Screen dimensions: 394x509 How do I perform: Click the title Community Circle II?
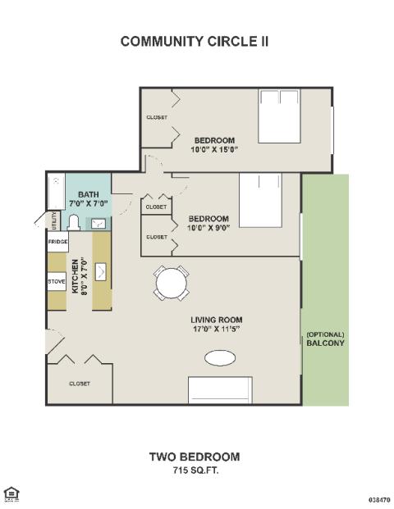[195, 42]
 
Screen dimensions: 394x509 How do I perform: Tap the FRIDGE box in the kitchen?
[57, 242]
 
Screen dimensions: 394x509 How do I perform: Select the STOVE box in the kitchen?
[57, 281]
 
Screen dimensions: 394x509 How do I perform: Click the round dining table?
[172, 284]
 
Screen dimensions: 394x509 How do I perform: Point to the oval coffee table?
[220, 358]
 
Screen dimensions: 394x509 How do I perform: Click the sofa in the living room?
[220, 390]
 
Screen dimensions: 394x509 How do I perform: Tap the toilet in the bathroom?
[74, 223]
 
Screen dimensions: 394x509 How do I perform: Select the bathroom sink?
[98, 224]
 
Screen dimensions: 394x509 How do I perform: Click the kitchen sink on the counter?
[100, 271]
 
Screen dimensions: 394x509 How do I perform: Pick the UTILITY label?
[54, 220]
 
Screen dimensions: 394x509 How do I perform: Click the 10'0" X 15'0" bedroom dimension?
[214, 150]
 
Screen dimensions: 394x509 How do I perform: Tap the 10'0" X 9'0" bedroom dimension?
[208, 228]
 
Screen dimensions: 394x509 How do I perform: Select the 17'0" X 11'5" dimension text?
[216, 329]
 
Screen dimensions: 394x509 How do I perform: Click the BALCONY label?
[325, 343]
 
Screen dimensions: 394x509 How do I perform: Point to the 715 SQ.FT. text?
[195, 470]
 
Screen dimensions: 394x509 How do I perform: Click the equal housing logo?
[11, 494]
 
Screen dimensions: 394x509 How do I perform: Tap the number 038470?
[379, 499]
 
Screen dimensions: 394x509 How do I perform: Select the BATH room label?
[89, 194]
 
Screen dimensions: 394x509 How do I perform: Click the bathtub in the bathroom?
[57, 192]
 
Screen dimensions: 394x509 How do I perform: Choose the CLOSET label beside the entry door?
[80, 384]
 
